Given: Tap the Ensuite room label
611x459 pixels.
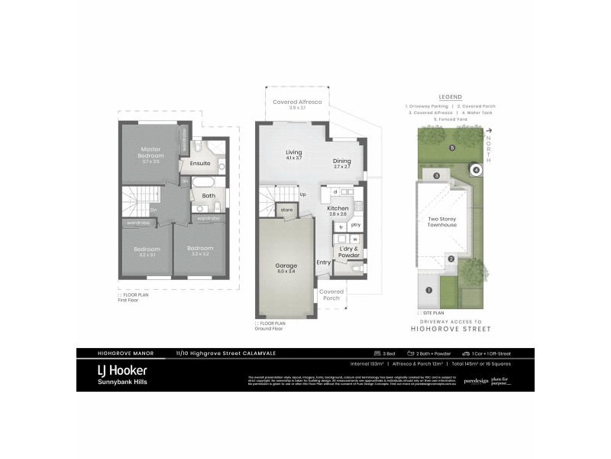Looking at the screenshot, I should coord(200,163).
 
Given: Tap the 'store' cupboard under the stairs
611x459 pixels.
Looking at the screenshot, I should coord(287,209).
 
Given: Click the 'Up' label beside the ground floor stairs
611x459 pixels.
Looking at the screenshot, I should coord(303,194).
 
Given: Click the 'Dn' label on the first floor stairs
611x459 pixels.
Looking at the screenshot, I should coord(154,209).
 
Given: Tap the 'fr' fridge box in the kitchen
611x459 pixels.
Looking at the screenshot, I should coord(341,226).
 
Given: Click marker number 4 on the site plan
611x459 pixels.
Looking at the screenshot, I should coord(475,170).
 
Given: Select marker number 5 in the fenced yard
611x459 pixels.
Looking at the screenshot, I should coord(452,147).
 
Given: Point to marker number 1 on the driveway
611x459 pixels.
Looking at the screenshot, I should coord(428,290).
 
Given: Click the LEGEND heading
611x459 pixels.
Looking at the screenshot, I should coord(450,98).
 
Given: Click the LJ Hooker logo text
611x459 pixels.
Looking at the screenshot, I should coord(121,369).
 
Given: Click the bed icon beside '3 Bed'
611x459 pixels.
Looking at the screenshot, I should coord(376,353).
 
